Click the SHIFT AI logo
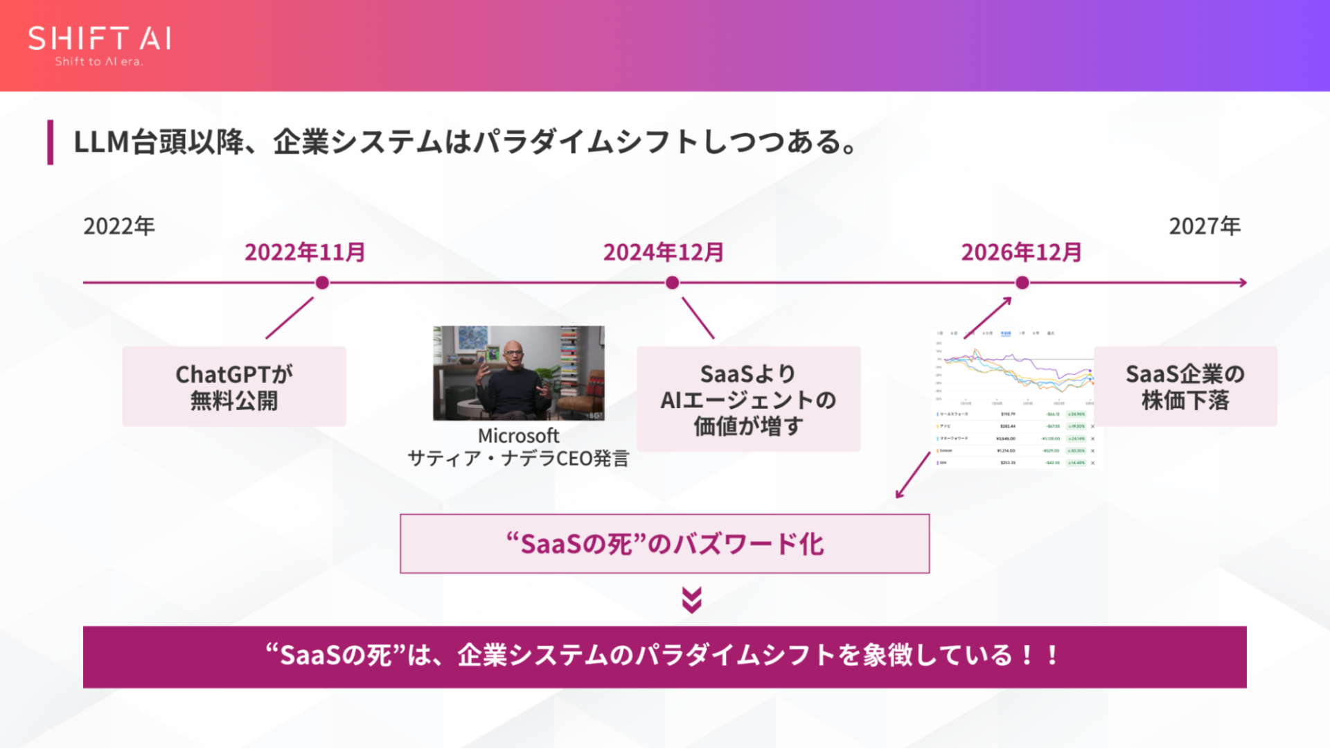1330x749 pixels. (100, 39)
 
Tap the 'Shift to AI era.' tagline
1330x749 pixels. (99, 62)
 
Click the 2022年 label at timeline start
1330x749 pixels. (119, 226)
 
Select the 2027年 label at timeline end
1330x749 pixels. (1205, 226)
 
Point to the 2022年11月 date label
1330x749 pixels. (305, 252)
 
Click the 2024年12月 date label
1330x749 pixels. (664, 252)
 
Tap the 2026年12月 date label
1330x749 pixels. (1021, 252)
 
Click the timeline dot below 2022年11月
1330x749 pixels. (322, 283)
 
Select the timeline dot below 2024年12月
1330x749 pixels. (672, 283)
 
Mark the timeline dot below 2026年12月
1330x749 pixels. (1022, 283)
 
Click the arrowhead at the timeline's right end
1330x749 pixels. (1243, 283)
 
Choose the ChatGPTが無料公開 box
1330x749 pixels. (234, 387)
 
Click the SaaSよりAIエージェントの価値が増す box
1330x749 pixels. (748, 399)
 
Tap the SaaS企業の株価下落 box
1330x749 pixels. (1185, 387)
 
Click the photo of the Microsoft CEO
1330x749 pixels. (519, 373)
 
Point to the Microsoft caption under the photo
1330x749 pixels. (518, 436)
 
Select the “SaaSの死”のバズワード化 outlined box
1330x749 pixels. (664, 544)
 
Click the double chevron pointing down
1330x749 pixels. (691, 600)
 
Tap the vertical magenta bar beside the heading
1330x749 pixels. (51, 142)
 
